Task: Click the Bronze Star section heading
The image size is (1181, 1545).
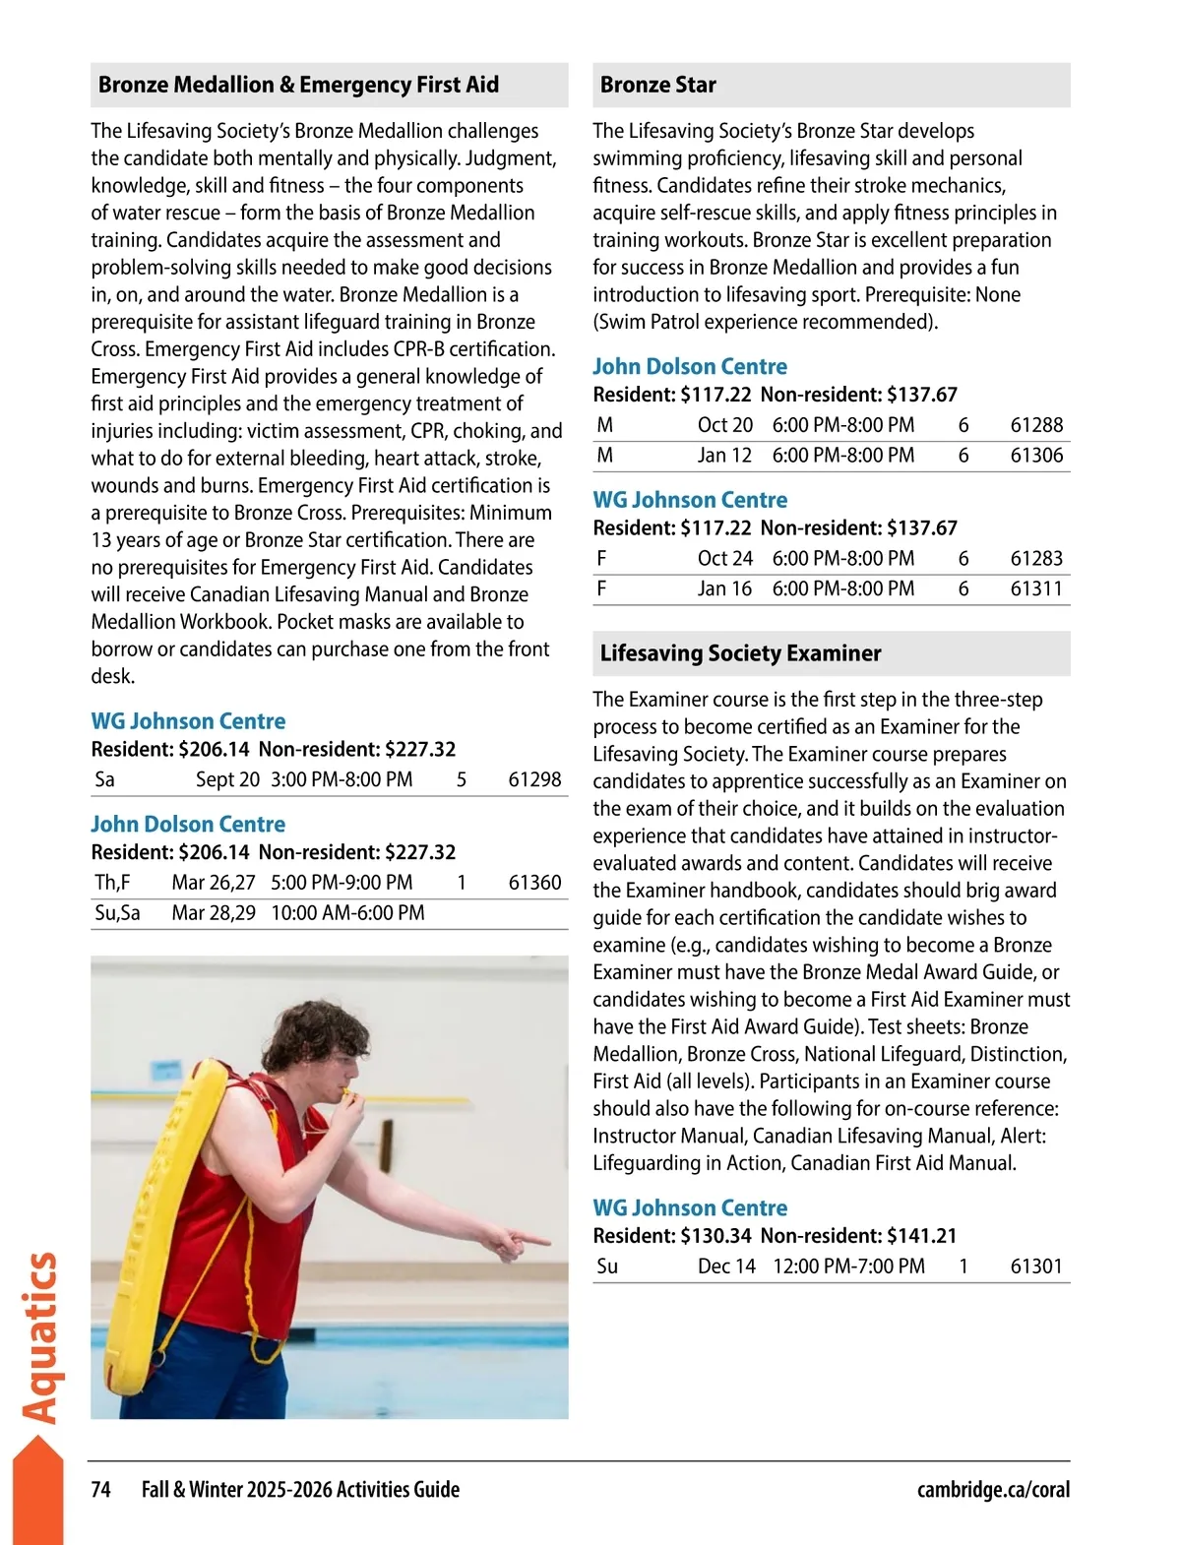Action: click(x=657, y=86)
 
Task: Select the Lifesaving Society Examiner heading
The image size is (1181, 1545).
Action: click(x=740, y=653)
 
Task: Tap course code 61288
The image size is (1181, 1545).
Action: click(x=1036, y=425)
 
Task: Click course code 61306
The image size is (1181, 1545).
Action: click(x=1036, y=456)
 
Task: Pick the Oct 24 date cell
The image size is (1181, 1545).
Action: click(x=724, y=559)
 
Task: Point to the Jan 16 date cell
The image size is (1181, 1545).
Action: click(x=724, y=589)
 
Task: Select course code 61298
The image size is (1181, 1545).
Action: click(x=534, y=780)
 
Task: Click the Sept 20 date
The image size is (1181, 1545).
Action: click(x=227, y=780)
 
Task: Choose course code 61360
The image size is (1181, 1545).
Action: click(x=534, y=883)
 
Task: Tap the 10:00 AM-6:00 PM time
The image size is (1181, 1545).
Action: click(x=347, y=913)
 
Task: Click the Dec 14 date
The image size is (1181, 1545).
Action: click(x=726, y=1267)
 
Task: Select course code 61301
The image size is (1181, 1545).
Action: click(x=1036, y=1267)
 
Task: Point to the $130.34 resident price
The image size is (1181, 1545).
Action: click(x=715, y=1236)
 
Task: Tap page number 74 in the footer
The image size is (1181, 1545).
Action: click(x=100, y=1490)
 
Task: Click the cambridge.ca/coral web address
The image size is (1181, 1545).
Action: click(x=993, y=1490)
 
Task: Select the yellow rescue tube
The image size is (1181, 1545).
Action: click(x=157, y=1230)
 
